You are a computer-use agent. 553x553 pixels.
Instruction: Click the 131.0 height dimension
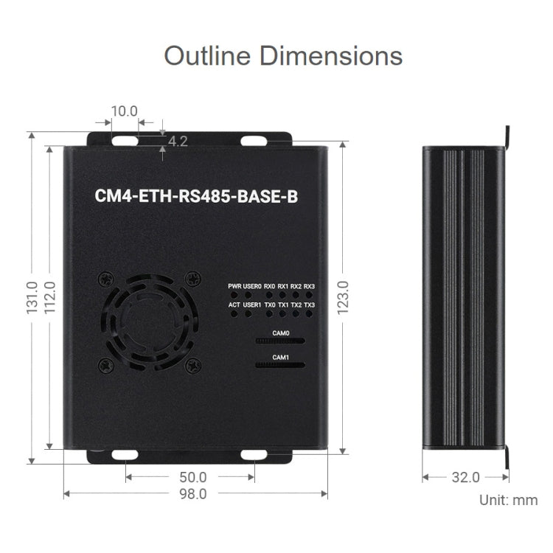click(x=32, y=296)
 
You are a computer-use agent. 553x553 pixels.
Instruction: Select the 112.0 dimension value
click(x=49, y=296)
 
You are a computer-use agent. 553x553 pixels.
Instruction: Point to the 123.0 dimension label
click(x=343, y=297)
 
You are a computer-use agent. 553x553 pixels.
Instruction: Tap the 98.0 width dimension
click(x=193, y=494)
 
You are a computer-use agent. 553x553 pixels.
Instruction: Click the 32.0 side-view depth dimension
click(x=465, y=477)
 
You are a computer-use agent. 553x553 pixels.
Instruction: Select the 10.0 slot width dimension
click(x=124, y=111)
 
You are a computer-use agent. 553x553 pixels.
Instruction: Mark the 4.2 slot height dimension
click(x=178, y=141)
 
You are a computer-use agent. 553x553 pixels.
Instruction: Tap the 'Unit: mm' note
click(x=508, y=500)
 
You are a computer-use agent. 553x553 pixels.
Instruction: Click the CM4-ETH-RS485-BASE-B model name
click(x=194, y=197)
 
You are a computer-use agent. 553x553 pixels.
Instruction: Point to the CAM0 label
click(x=281, y=333)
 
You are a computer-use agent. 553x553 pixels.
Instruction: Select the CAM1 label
click(x=281, y=357)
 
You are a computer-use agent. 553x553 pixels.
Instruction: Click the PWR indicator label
click(x=234, y=286)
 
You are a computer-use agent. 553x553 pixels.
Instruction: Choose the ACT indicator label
click(x=234, y=305)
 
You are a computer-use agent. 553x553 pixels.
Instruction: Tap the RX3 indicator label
click(x=309, y=286)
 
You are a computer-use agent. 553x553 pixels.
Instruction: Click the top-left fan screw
click(x=105, y=279)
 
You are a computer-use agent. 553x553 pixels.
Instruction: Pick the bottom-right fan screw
click(x=193, y=364)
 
